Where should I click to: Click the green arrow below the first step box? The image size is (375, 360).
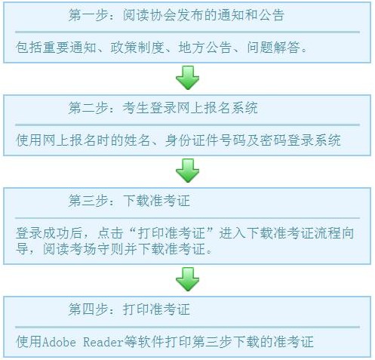188,78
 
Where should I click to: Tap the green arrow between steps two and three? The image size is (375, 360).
188,171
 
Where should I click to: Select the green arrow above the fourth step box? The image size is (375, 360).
188,279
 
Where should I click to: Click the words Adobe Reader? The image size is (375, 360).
83,342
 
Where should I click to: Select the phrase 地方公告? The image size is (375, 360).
205,47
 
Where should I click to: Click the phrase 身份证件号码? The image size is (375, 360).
205,140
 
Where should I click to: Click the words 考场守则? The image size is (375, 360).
97,249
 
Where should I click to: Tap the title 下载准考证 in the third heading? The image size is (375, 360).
156,201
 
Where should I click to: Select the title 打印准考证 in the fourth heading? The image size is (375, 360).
156,309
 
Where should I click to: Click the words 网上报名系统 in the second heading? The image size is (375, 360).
217,108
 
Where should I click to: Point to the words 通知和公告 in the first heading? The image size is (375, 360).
251,15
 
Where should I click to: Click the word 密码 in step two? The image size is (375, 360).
273,140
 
